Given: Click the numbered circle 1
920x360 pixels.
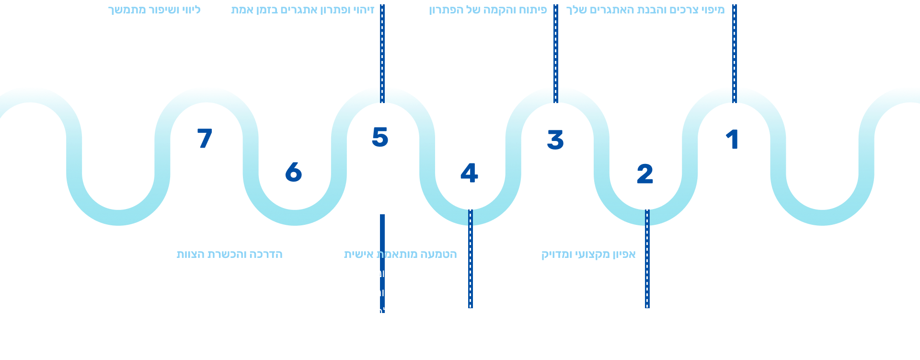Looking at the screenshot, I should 732,139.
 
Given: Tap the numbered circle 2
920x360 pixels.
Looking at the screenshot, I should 644,174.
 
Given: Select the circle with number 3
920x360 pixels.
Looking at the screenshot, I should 555,139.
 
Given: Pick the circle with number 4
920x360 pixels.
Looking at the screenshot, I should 469,174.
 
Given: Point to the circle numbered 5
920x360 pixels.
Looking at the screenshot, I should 380,137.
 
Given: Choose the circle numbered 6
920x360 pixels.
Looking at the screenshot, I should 293,172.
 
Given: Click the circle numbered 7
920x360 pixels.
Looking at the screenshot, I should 205,139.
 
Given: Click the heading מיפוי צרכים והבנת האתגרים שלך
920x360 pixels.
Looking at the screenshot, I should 645,10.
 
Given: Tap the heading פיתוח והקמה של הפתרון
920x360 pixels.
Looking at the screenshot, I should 488,10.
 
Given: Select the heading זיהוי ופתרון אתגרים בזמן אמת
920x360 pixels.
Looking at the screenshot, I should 302,10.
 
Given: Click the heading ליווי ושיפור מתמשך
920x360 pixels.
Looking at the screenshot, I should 154,10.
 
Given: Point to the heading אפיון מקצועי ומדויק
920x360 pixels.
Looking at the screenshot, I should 588,254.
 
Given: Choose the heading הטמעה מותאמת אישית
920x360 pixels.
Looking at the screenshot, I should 401,254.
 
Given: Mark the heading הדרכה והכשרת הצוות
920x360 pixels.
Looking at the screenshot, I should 230,254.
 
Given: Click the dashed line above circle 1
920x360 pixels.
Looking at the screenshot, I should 734,53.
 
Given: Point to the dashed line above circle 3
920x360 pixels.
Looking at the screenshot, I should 556,53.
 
